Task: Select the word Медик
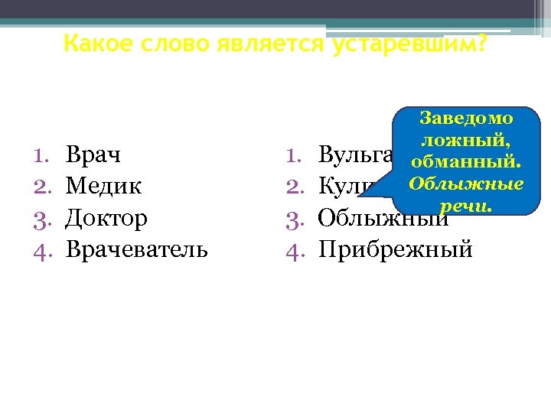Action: pos(103,186)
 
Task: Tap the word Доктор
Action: pos(106,218)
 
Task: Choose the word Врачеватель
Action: pos(136,249)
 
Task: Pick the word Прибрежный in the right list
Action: pos(395,249)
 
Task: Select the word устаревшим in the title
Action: pos(409,44)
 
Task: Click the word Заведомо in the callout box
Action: pos(466,119)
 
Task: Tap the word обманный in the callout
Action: pos(465,163)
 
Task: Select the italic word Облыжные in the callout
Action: pos(466,184)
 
